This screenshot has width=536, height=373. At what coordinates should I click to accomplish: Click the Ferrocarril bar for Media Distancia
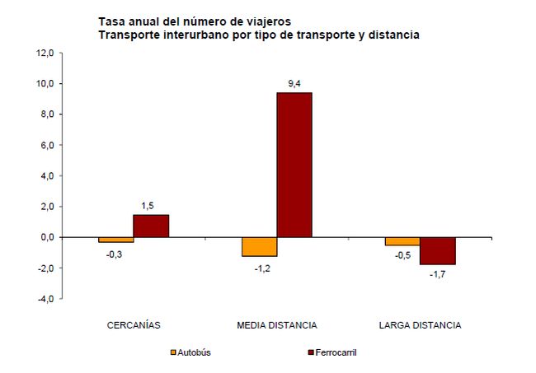[294, 165]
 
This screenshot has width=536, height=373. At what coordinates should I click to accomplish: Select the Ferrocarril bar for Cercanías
[151, 226]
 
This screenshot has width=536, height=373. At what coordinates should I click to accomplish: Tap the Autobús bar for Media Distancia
[259, 247]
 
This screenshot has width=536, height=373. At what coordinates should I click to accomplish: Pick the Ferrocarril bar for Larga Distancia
[437, 250]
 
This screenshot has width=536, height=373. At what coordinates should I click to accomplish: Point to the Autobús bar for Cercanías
[116, 240]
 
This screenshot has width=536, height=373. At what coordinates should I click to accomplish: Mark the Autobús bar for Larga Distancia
[402, 241]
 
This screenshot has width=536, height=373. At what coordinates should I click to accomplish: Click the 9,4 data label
[294, 83]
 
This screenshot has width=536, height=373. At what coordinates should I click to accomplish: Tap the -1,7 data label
[438, 274]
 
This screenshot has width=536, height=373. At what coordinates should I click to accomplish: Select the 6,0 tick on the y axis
[45, 146]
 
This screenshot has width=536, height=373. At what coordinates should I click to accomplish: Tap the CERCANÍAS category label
[134, 324]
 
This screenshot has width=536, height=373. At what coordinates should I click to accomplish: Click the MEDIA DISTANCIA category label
[276, 324]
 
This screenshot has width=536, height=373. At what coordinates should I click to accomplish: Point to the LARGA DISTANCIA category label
[420, 324]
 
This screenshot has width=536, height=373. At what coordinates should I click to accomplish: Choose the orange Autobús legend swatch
[173, 352]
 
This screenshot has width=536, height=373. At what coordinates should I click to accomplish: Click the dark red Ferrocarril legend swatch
[311, 352]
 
